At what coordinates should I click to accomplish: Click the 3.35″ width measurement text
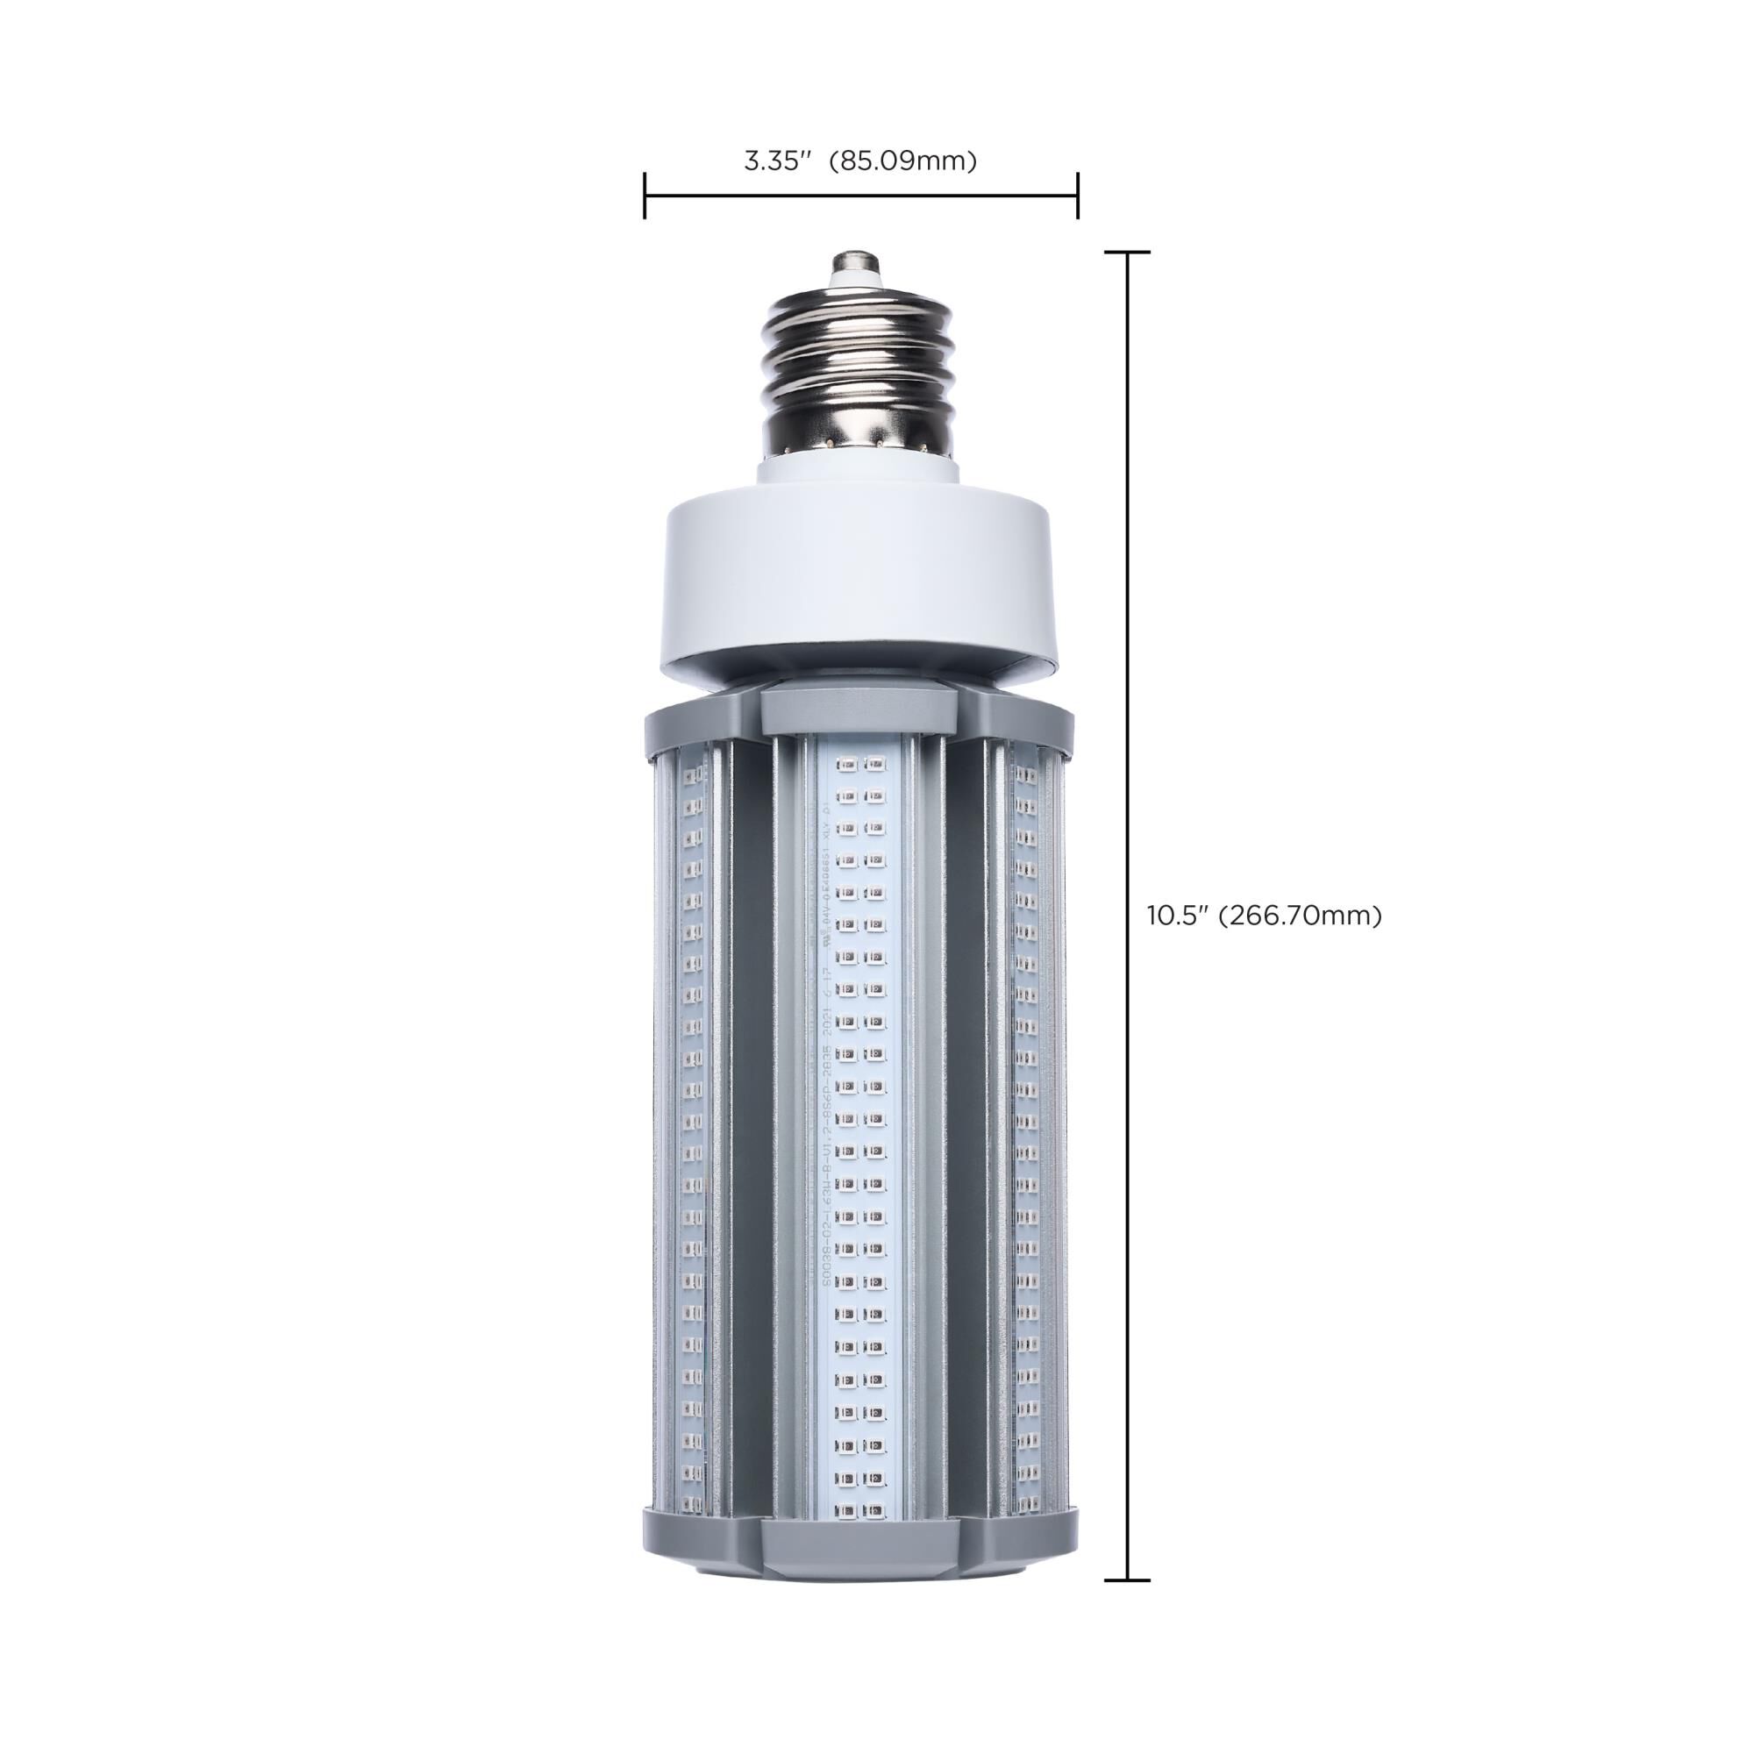(776, 161)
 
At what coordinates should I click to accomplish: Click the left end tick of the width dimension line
(645, 196)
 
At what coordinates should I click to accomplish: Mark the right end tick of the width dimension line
(1078, 196)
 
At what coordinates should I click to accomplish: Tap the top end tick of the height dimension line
(1128, 253)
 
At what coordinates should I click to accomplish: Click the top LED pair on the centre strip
(860, 766)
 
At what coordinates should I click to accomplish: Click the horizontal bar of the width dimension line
(860, 196)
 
